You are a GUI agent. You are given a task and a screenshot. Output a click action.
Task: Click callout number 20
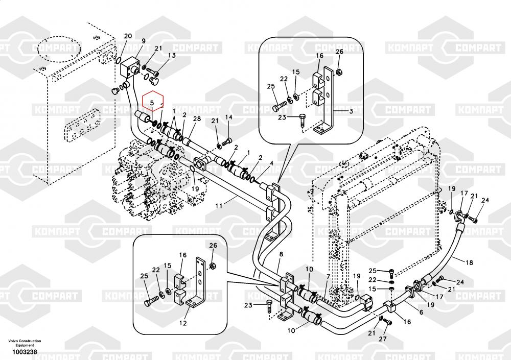click(128, 36)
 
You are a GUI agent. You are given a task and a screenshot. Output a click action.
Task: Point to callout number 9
click(144, 41)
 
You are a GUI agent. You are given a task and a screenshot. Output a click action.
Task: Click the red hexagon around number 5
click(152, 102)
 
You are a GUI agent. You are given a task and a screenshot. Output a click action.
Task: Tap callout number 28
click(197, 119)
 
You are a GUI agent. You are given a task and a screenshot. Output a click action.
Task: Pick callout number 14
click(228, 117)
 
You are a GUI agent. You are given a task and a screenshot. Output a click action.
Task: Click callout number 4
click(271, 164)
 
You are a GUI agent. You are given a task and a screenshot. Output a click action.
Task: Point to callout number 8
click(280, 254)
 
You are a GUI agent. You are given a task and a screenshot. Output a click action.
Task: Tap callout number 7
click(329, 276)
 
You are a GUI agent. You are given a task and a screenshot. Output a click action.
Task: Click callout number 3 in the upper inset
click(352, 110)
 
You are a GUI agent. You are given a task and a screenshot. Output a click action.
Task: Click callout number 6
click(420, 312)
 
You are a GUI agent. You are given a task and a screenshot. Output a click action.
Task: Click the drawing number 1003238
click(25, 352)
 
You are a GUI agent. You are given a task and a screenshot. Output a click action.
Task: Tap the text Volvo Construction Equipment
click(25, 343)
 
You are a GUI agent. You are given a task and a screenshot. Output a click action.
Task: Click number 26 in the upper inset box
click(339, 52)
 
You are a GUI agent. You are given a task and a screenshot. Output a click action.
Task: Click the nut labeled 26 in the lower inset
click(213, 266)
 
